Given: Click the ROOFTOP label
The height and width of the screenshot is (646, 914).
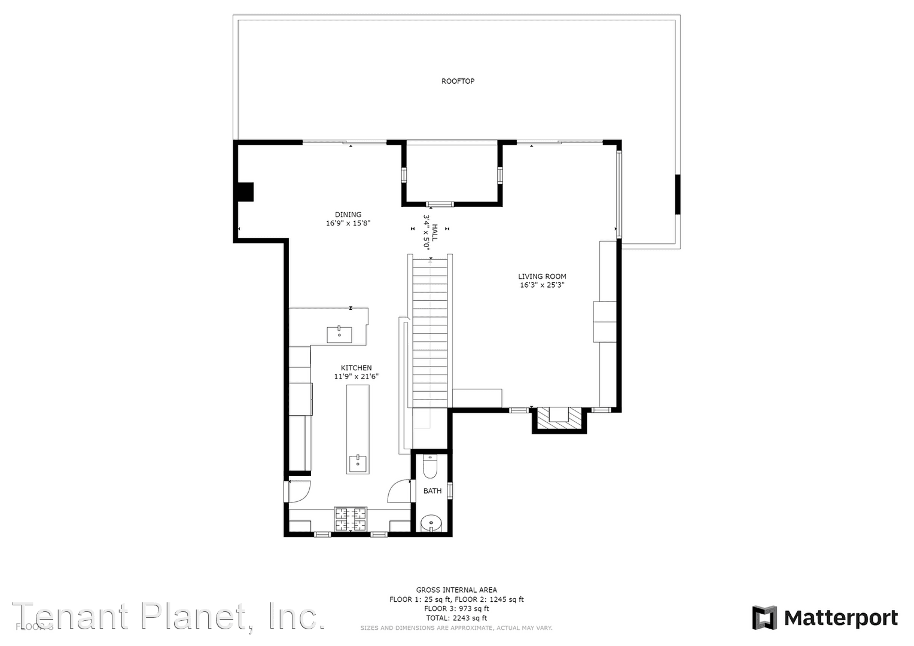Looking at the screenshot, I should pyautogui.click(x=458, y=81).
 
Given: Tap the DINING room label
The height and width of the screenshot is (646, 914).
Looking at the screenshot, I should pyautogui.click(x=348, y=215).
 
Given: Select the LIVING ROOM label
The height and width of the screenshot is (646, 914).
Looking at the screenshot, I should pyautogui.click(x=542, y=276).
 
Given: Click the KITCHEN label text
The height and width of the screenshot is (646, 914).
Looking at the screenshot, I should pyautogui.click(x=356, y=368).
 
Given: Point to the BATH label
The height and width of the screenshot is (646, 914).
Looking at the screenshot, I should pyautogui.click(x=432, y=491).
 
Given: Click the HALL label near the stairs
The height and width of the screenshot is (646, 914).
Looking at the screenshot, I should pyautogui.click(x=435, y=233).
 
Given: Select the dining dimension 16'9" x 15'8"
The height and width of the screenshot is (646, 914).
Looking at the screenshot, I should pyautogui.click(x=348, y=224).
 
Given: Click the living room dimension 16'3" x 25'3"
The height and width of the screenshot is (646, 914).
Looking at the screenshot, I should pyautogui.click(x=542, y=285).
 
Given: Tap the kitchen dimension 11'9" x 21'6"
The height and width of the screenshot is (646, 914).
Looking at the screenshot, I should pyautogui.click(x=356, y=377).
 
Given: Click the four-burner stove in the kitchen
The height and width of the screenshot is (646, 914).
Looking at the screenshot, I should pyautogui.click(x=351, y=519).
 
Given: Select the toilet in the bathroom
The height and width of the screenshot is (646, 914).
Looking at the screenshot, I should pyautogui.click(x=431, y=466).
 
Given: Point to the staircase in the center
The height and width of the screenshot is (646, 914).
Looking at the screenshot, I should pyautogui.click(x=430, y=332).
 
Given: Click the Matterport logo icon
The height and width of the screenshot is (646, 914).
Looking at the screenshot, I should pyautogui.click(x=764, y=618).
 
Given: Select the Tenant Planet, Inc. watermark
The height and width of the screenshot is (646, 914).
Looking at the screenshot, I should pyautogui.click(x=169, y=617).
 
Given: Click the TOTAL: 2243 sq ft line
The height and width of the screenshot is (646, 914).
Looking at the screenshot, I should pyautogui.click(x=456, y=618).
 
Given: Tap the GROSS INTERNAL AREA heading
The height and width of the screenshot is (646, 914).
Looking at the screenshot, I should pyautogui.click(x=456, y=590).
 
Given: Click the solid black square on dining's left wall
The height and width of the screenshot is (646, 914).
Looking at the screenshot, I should pyautogui.click(x=246, y=192).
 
